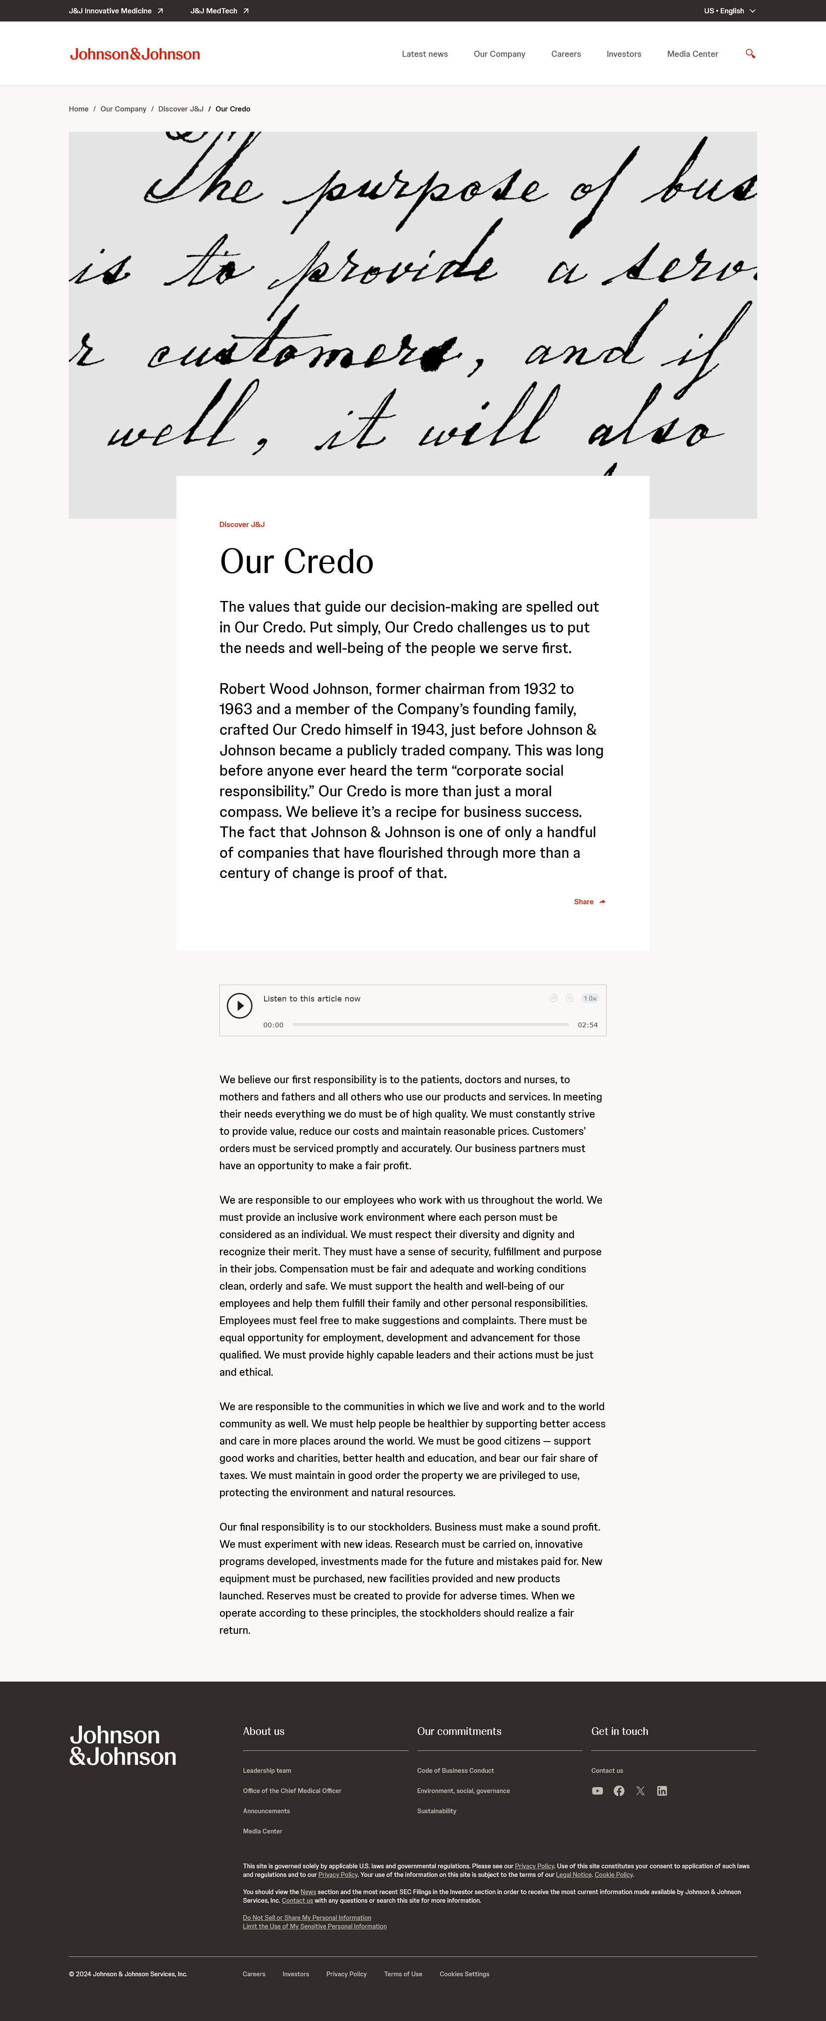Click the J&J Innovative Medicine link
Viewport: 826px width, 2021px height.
click(115, 11)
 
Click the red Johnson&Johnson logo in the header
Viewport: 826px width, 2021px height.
click(135, 54)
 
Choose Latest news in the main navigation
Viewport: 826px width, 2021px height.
click(424, 54)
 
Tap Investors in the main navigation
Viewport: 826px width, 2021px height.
click(624, 54)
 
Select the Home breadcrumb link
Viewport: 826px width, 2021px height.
click(78, 109)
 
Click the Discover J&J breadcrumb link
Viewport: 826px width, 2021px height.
click(180, 109)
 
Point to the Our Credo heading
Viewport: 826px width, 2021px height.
click(296, 562)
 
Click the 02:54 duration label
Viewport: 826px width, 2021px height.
click(588, 1025)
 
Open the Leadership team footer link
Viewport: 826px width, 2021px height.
click(267, 1771)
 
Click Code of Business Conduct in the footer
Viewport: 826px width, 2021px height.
click(455, 1771)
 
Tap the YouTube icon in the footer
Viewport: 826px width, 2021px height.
click(597, 1791)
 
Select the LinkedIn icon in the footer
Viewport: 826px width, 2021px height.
click(662, 1791)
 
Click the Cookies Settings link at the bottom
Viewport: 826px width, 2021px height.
click(464, 1974)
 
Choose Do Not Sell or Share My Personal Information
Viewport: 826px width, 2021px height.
click(307, 1917)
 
